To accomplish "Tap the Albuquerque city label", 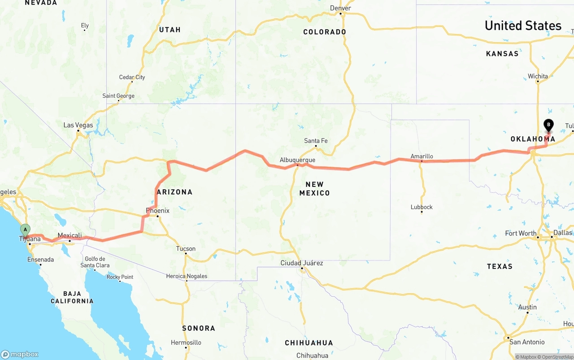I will [x=297, y=160].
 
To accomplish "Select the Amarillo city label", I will [x=422, y=156].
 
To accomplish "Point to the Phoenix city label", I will [x=157, y=210].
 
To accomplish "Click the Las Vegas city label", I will [x=78, y=125].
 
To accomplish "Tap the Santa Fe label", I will [x=316, y=141].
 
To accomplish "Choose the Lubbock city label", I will [x=422, y=207].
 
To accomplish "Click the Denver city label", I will [x=340, y=8].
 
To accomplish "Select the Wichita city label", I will [x=538, y=76].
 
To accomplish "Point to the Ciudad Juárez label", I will [x=301, y=263].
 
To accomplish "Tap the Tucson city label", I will [x=186, y=248].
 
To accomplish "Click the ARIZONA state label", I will [x=174, y=192].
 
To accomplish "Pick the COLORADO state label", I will [x=325, y=32].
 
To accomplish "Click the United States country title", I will [x=523, y=26].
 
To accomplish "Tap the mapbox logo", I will [x=20, y=354].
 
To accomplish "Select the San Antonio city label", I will [x=527, y=342].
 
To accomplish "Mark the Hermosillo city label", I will [x=186, y=343].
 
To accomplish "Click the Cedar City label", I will [x=132, y=77].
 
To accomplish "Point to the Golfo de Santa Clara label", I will [x=95, y=262].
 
